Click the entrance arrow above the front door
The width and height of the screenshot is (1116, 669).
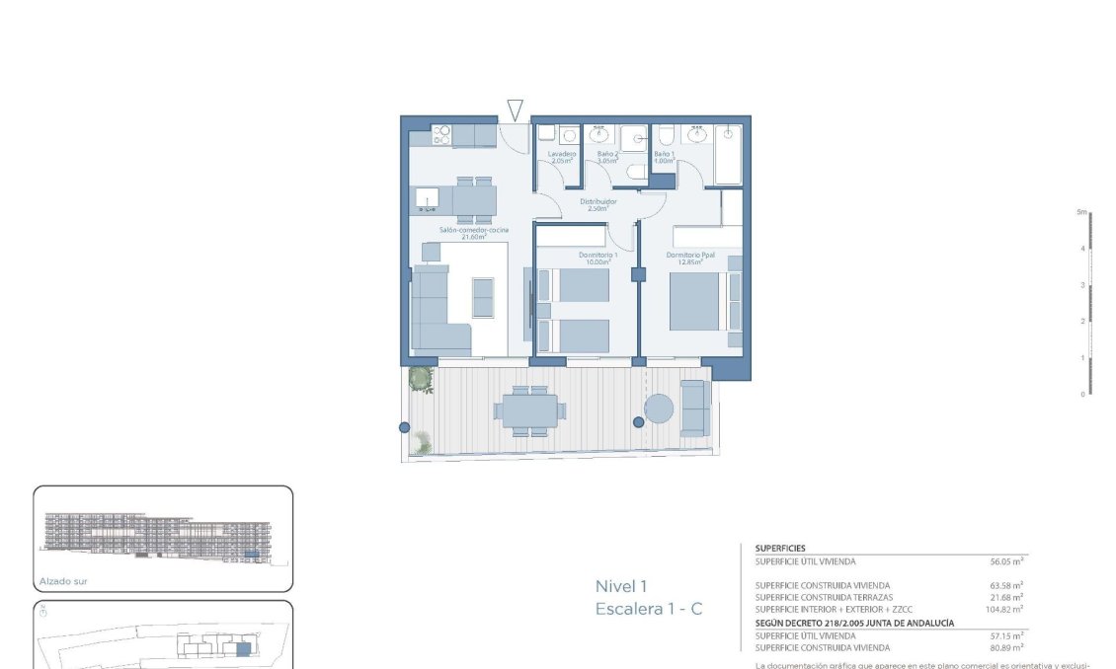(x=514, y=110)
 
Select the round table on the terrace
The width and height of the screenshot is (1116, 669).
(x=659, y=409)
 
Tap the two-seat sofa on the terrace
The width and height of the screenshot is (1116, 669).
(x=694, y=408)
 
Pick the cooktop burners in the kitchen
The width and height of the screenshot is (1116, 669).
(x=440, y=135)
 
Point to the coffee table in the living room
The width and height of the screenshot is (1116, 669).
(x=483, y=298)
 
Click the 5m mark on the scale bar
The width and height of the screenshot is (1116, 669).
(x=1081, y=212)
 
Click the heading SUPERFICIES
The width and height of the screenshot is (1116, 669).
(x=780, y=548)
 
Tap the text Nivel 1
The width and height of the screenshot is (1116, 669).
(x=622, y=586)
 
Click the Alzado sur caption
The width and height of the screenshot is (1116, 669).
(x=63, y=581)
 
